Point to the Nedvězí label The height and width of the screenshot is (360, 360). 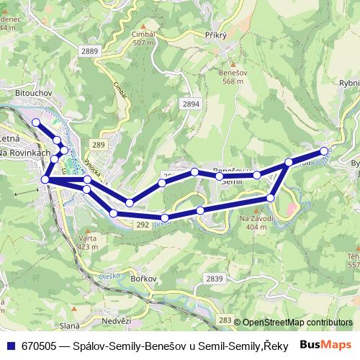point(117,321)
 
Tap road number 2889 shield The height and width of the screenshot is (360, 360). point(90,50)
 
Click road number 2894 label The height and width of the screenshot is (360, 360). point(191,104)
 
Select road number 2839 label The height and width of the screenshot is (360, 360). point(214,278)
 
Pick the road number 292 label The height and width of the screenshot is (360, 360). point(142,225)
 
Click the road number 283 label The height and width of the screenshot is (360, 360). point(225,320)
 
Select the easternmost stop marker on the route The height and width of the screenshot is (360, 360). point(325,151)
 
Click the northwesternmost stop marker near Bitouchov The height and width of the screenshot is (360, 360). point(36,123)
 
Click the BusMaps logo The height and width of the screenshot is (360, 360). point(325,345)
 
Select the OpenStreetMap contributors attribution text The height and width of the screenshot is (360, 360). point(297,323)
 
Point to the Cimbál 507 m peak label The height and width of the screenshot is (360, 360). point(143,38)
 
